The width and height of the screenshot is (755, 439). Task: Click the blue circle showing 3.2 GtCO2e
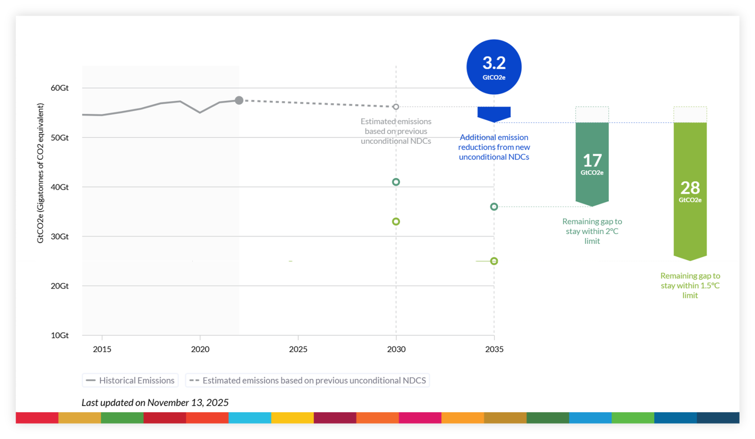pyautogui.click(x=494, y=67)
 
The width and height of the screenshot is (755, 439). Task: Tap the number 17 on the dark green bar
pyautogui.click(x=592, y=161)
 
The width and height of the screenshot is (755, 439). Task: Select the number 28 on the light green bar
pyautogui.click(x=690, y=188)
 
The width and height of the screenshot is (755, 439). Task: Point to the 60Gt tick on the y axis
pyautogui.click(x=59, y=88)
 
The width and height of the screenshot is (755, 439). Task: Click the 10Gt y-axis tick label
pyautogui.click(x=59, y=335)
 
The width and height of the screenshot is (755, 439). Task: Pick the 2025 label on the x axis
pyautogui.click(x=298, y=349)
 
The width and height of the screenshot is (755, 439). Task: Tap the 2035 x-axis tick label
pyautogui.click(x=494, y=349)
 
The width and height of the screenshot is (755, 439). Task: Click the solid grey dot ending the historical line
pyautogui.click(x=239, y=100)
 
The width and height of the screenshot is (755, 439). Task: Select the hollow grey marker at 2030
pyautogui.click(x=396, y=107)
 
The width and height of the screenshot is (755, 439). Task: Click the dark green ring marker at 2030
pyautogui.click(x=396, y=182)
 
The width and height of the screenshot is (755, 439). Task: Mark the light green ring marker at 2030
pyautogui.click(x=396, y=221)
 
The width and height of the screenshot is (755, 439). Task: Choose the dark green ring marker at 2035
pyautogui.click(x=494, y=207)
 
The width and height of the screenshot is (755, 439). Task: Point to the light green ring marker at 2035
pyautogui.click(x=494, y=261)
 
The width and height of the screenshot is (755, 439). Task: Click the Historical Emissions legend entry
pyautogui.click(x=130, y=380)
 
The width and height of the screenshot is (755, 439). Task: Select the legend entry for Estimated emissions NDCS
pyautogui.click(x=308, y=380)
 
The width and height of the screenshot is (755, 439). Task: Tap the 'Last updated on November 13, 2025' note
pyautogui.click(x=155, y=402)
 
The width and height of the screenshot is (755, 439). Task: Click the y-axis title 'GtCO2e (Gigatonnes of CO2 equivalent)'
pyautogui.click(x=40, y=173)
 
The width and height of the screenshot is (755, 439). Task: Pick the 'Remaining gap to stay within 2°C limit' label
pyautogui.click(x=592, y=231)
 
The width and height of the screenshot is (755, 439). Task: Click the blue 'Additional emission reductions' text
pyautogui.click(x=494, y=147)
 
